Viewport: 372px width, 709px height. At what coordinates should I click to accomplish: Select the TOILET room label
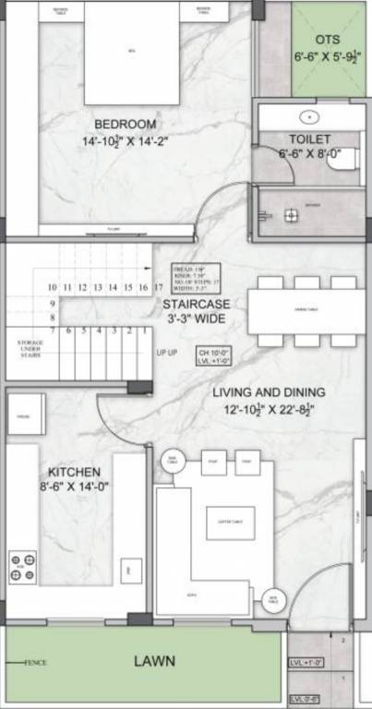[309, 137]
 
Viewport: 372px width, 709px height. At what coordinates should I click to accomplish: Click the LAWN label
[153, 661]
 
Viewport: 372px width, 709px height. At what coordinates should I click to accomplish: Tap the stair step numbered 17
[145, 287]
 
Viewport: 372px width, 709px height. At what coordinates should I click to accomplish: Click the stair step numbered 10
[53, 287]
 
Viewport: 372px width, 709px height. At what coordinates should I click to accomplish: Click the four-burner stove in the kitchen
[23, 567]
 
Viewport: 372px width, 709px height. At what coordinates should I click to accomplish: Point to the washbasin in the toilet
[309, 117]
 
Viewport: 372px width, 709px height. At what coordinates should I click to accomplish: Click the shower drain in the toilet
[291, 215]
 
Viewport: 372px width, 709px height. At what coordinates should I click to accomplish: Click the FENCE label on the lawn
[35, 663]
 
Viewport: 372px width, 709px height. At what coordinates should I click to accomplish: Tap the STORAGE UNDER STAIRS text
[30, 347]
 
